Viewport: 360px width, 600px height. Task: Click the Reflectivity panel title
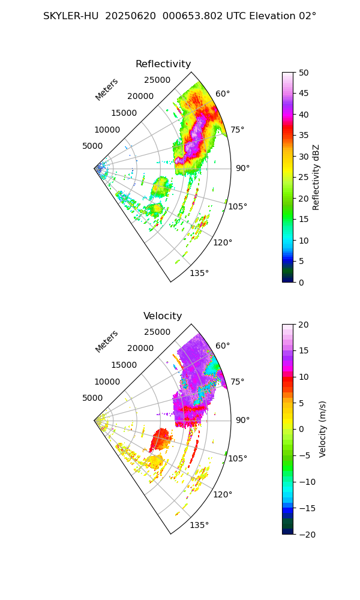163,64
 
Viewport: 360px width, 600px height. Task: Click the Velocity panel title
163,316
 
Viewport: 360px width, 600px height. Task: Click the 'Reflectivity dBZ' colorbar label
316,177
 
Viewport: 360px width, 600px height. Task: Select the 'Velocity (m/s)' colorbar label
323,429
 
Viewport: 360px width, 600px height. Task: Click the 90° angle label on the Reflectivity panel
242,168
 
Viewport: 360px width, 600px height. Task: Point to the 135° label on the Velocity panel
199,525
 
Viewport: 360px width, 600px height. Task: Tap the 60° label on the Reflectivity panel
223,94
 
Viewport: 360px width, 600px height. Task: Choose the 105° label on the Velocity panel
239,458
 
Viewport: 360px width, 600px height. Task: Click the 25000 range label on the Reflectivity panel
157,80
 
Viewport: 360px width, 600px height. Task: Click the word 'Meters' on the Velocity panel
107,341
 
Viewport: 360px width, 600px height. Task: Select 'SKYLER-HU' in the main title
71,16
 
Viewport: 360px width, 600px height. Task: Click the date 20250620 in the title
131,16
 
